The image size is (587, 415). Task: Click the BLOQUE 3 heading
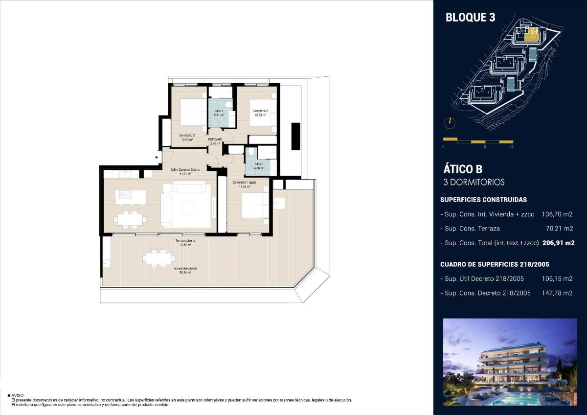pyautogui.click(x=470, y=18)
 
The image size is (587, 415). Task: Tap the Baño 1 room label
pyautogui.click(x=219, y=113)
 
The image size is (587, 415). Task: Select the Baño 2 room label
pyautogui.click(x=259, y=166)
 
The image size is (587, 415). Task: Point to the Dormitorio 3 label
pyautogui.click(x=186, y=137)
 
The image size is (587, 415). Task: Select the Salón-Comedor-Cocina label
pyautogui.click(x=185, y=171)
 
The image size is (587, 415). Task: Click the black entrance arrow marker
pyautogui.click(x=157, y=157)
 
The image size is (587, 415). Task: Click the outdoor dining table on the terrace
pyautogui.click(x=158, y=258)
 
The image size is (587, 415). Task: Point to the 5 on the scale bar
pyautogui.click(x=512, y=147)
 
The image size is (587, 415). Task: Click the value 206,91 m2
pyautogui.click(x=558, y=242)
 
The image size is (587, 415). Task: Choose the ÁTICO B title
pyautogui.click(x=463, y=169)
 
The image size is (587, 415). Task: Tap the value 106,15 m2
pyautogui.click(x=558, y=279)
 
